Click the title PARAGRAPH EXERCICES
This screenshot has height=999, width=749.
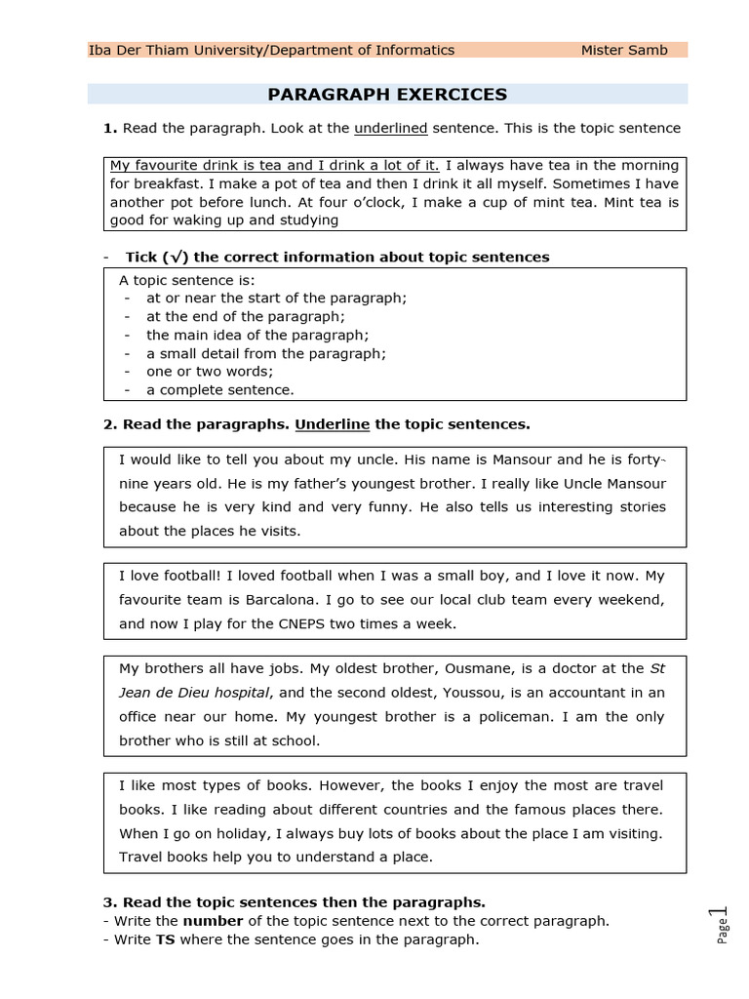pyautogui.click(x=387, y=95)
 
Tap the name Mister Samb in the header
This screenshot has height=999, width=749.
pyautogui.click(x=624, y=50)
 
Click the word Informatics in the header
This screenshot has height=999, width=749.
pyautogui.click(x=415, y=50)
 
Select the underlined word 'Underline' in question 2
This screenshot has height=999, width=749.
pyautogui.click(x=333, y=424)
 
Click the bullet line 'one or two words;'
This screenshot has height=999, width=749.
pyautogui.click(x=210, y=372)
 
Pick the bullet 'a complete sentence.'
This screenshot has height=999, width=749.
pyautogui.click(x=219, y=389)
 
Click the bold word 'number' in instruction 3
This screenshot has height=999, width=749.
pyautogui.click(x=213, y=921)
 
